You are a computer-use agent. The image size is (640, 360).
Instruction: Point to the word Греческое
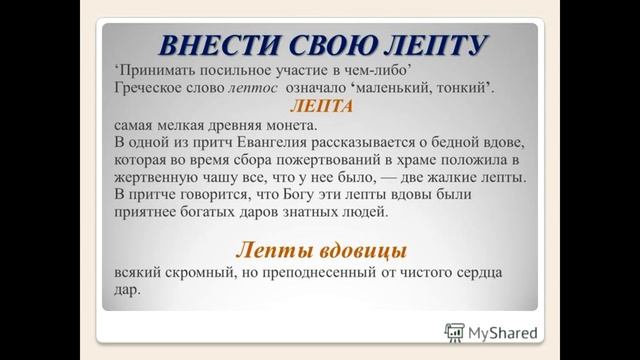[150, 88]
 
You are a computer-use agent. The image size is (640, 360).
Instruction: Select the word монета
[286, 126]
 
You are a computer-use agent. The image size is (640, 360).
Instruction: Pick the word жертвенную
[158, 179]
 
